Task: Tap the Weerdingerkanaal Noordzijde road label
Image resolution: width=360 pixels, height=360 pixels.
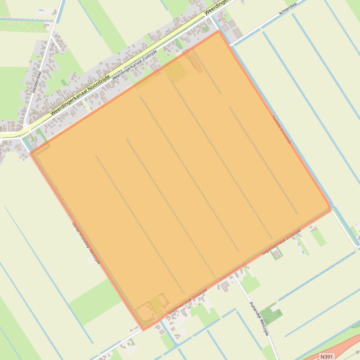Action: point(80,95)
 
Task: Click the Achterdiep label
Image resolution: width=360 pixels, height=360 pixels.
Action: point(288,9)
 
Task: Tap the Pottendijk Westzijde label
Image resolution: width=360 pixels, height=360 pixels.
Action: point(259,317)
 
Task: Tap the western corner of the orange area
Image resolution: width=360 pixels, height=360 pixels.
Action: point(31,152)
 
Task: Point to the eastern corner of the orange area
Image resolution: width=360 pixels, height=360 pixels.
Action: point(330,209)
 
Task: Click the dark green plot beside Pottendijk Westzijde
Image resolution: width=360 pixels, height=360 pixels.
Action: point(271,314)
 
